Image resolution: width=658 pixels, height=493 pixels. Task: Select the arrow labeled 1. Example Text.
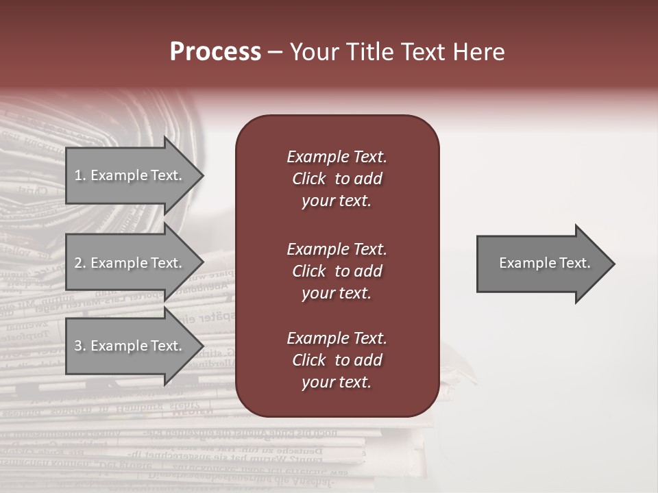point(130,175)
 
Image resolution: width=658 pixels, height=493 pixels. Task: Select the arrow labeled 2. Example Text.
point(130,263)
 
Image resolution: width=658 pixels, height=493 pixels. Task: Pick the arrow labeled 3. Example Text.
point(130,346)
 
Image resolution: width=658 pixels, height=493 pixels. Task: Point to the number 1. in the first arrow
point(80,175)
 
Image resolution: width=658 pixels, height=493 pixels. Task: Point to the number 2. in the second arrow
point(80,263)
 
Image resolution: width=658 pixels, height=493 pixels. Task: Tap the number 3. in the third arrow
point(80,346)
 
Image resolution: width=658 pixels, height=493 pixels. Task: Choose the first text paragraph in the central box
point(337,179)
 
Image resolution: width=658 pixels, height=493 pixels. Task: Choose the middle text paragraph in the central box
point(337,271)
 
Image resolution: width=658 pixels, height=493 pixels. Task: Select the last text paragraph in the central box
point(337,360)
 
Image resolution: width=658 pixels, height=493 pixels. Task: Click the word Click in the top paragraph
point(308,179)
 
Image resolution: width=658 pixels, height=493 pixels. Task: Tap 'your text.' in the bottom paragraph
point(337,382)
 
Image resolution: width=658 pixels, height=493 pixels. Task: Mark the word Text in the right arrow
point(575,263)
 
